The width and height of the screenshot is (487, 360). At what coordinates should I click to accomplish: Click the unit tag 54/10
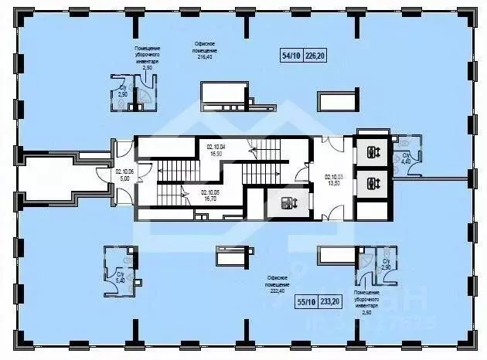tap(291, 54)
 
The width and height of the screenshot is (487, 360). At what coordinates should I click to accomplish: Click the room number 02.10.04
tap(216, 147)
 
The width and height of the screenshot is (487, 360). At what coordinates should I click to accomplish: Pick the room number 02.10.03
tap(334, 177)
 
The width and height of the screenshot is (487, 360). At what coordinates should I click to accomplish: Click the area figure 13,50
tap(334, 184)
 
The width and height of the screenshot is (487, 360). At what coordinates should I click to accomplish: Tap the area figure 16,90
tap(216, 154)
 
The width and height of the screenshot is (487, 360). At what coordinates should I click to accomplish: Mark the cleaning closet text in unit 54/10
tap(148, 58)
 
